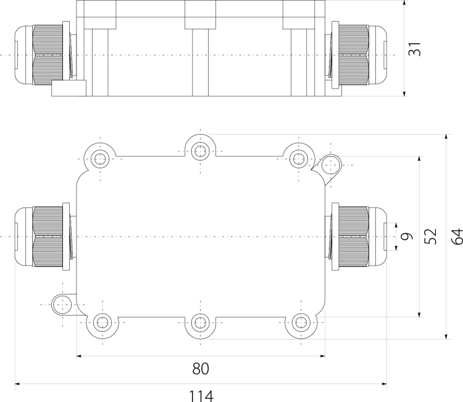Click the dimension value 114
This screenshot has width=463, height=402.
tap(201, 396)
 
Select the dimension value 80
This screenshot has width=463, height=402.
tap(201, 369)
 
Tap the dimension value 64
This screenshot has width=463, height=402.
tap(457, 237)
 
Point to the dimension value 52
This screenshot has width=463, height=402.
tap(430, 237)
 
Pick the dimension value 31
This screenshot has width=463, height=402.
tap(415, 49)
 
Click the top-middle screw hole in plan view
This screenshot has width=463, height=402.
tap(201, 151)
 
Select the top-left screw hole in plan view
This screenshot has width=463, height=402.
tap(100, 159)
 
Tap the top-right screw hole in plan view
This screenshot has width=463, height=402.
tap(299, 159)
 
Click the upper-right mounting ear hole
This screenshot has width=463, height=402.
tap(331, 165)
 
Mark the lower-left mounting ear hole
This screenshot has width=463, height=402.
tap(62, 304)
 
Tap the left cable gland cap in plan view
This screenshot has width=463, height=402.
tap(23, 237)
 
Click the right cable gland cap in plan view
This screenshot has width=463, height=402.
tap(378, 237)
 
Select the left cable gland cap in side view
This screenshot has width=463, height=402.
tap(23, 55)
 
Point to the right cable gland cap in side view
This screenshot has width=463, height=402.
tap(378, 55)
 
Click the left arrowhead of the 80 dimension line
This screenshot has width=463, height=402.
tap(79, 356)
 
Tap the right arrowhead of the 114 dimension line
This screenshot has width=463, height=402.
tap(384, 384)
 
